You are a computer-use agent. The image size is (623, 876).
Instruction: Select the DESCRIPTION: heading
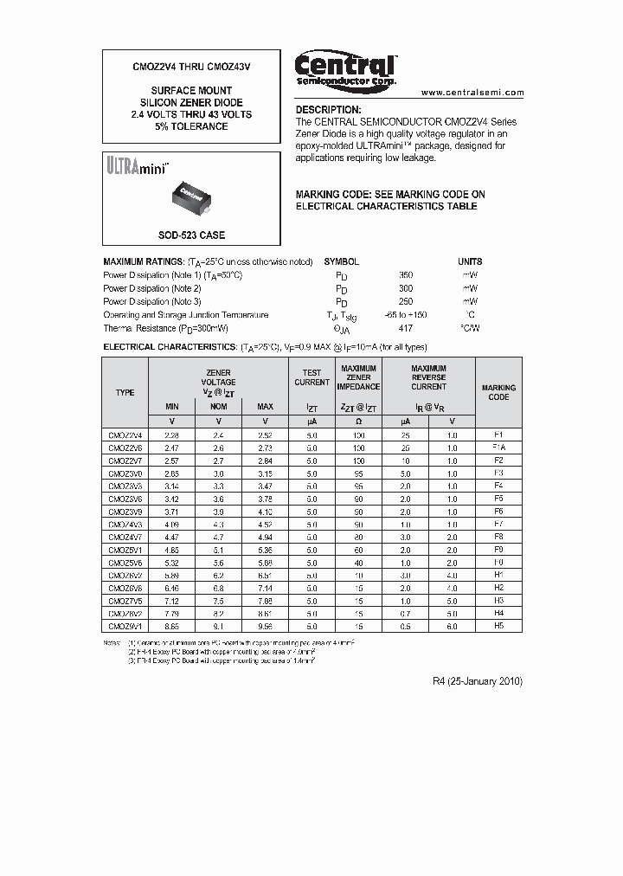pyautogui.click(x=328, y=110)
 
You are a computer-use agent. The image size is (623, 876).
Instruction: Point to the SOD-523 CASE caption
pyautogui.click(x=191, y=235)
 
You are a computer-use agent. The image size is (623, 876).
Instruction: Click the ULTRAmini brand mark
pyautogui.click(x=137, y=165)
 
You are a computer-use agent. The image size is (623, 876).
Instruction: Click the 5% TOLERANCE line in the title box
pyautogui.click(x=191, y=126)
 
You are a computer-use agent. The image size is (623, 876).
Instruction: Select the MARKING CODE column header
pyautogui.click(x=498, y=392)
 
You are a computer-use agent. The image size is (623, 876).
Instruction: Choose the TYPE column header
pyautogui.click(x=125, y=392)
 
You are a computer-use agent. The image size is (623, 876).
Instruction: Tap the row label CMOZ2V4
pyautogui.click(x=125, y=435)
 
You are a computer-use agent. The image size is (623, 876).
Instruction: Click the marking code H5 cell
pyautogui.click(x=498, y=625)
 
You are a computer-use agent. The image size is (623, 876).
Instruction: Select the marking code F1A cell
pyautogui.click(x=498, y=448)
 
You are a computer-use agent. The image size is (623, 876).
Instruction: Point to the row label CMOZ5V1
pyautogui.click(x=125, y=549)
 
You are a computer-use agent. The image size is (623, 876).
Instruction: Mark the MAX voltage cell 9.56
pyautogui.click(x=265, y=625)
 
